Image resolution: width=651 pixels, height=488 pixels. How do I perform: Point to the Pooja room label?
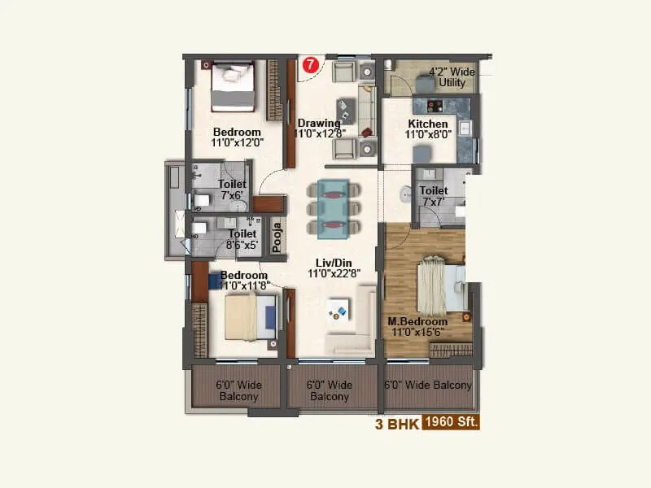277,237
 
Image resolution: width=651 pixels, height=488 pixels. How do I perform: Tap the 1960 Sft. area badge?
450,423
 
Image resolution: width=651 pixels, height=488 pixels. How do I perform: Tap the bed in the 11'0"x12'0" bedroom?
234,88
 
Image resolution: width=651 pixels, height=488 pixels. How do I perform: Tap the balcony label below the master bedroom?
427,385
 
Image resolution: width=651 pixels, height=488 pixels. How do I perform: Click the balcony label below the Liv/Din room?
330,390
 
